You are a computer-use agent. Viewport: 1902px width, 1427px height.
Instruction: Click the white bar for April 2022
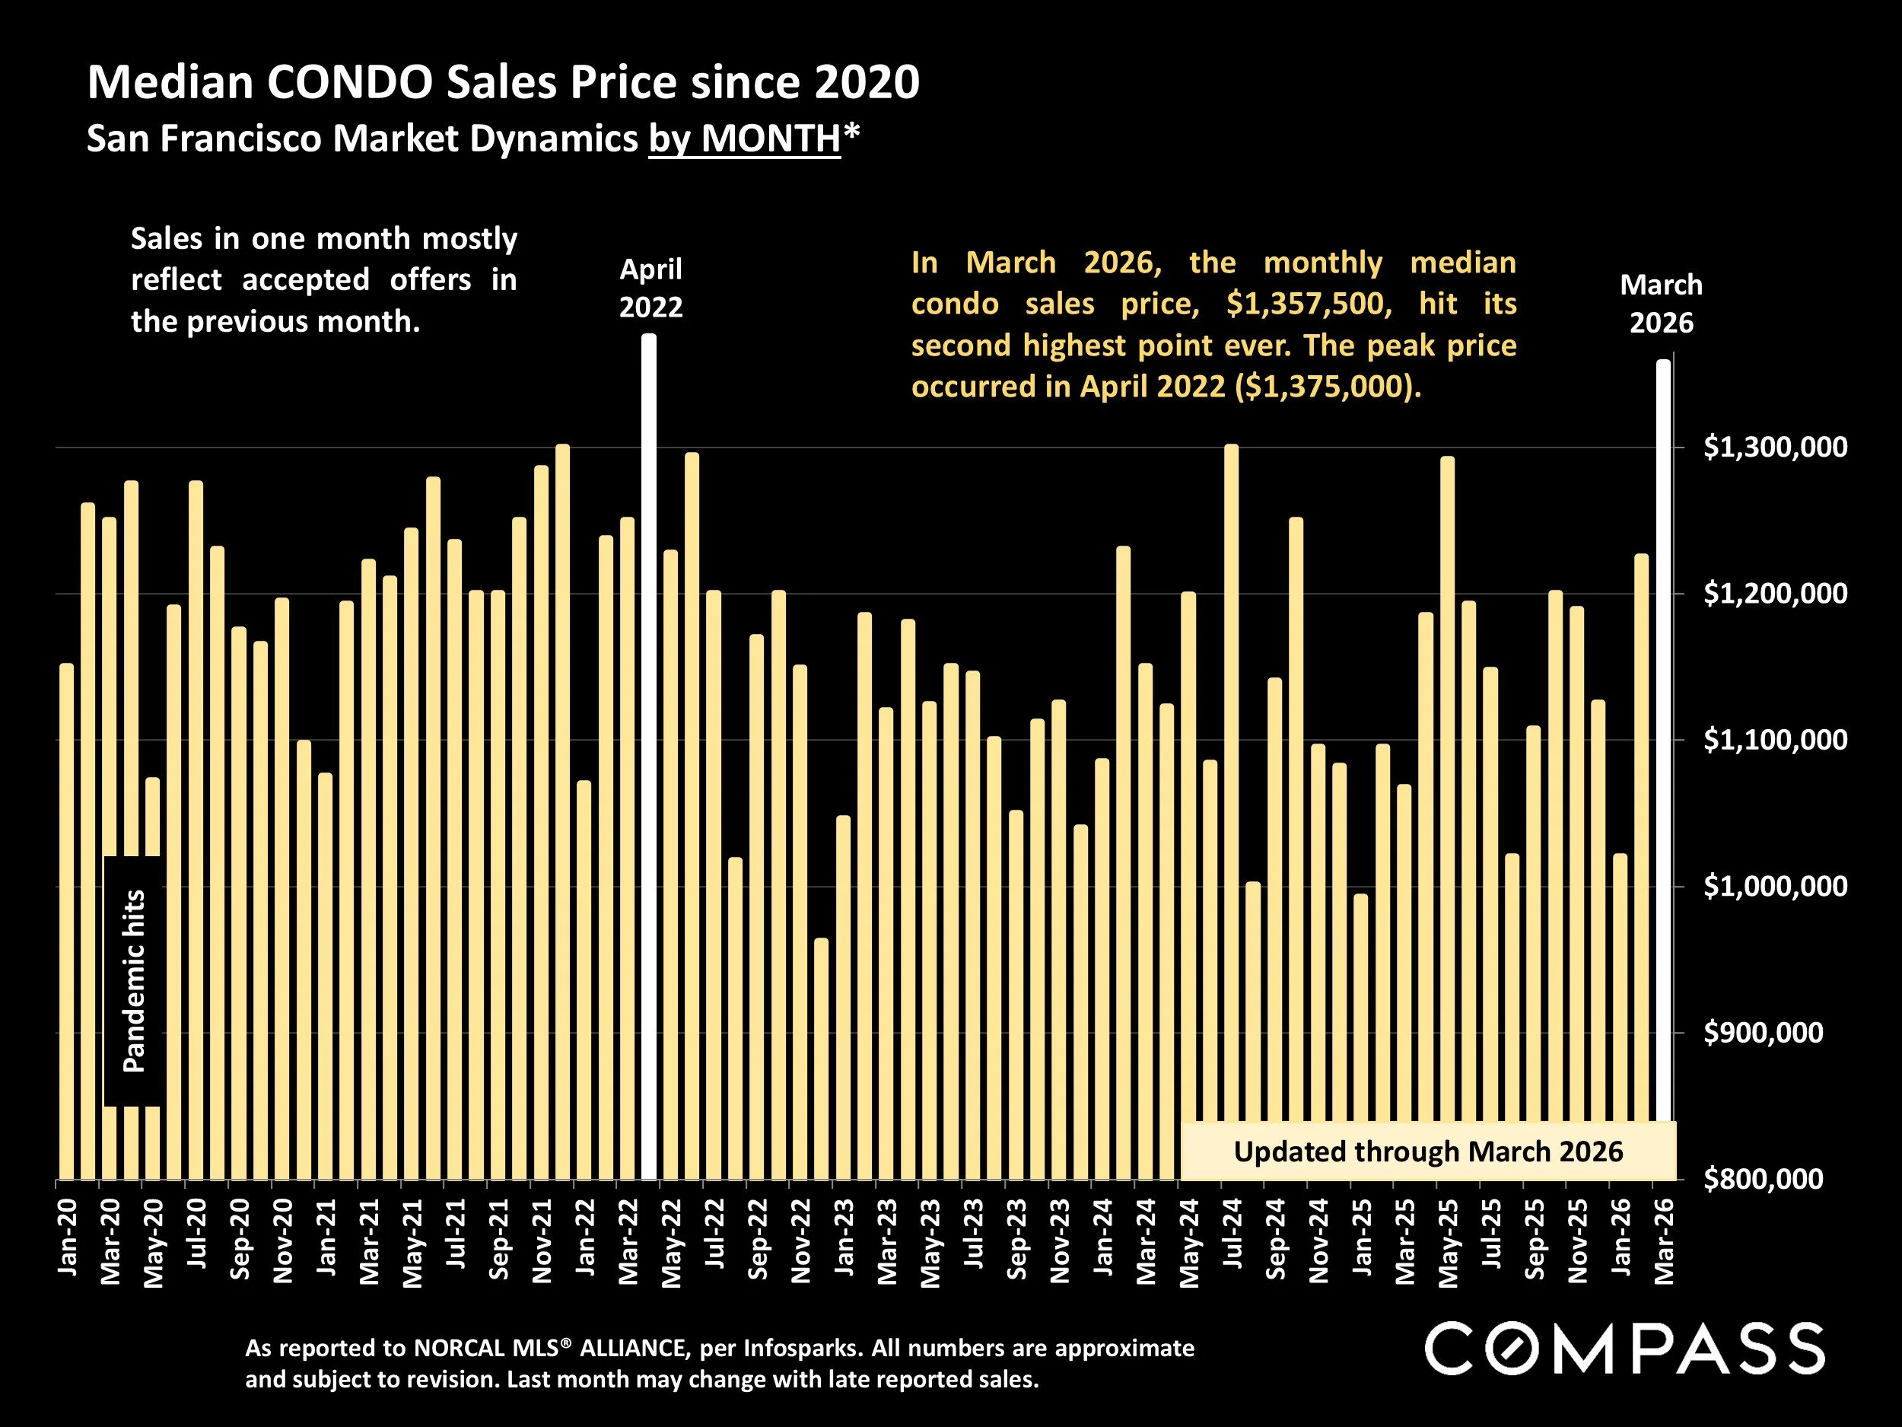point(649,757)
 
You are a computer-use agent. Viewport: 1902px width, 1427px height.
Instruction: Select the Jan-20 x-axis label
point(68,1237)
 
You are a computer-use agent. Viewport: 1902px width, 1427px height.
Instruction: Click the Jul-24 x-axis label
point(1232,1238)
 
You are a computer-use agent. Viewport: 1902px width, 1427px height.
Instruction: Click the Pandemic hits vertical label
point(134,980)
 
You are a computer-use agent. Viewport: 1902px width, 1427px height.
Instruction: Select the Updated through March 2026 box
point(1427,1151)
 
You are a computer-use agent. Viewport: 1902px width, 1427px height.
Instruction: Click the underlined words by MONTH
point(745,139)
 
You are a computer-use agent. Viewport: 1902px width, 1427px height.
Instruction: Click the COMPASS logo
point(1625,1349)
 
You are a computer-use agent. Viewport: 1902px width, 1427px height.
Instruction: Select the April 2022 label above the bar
point(651,288)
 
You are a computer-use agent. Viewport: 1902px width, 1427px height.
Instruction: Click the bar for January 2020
point(66,920)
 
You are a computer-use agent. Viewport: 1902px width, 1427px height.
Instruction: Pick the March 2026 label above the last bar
point(1660,304)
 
